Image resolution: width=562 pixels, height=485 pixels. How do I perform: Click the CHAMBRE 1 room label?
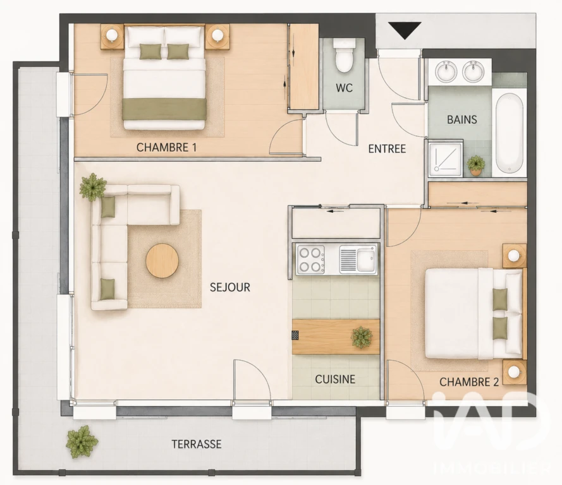tap(166, 148)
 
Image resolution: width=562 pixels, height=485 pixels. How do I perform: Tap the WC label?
tap(344, 88)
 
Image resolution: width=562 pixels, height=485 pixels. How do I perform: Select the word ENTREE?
tap(387, 148)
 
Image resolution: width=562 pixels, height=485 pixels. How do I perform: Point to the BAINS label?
tap(461, 119)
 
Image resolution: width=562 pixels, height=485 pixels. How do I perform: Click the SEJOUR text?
tap(229, 287)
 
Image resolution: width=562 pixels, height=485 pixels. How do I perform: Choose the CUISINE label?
tap(335, 379)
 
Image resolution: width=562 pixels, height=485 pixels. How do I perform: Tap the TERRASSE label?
tap(197, 444)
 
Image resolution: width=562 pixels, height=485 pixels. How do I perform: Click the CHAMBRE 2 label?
tap(469, 382)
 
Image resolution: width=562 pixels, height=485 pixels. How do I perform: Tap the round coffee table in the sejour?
tap(162, 260)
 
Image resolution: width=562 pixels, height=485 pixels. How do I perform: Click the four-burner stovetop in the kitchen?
tap(310, 260)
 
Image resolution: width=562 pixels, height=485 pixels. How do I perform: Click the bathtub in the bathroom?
tap(509, 133)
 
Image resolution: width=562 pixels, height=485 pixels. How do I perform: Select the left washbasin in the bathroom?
tap(446, 71)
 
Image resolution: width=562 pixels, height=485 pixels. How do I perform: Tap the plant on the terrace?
tap(82, 441)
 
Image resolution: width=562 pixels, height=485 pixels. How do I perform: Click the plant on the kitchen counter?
tap(362, 337)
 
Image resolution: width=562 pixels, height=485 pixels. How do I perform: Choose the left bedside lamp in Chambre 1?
tap(112, 35)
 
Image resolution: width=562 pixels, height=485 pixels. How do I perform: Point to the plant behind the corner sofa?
tap(93, 186)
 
